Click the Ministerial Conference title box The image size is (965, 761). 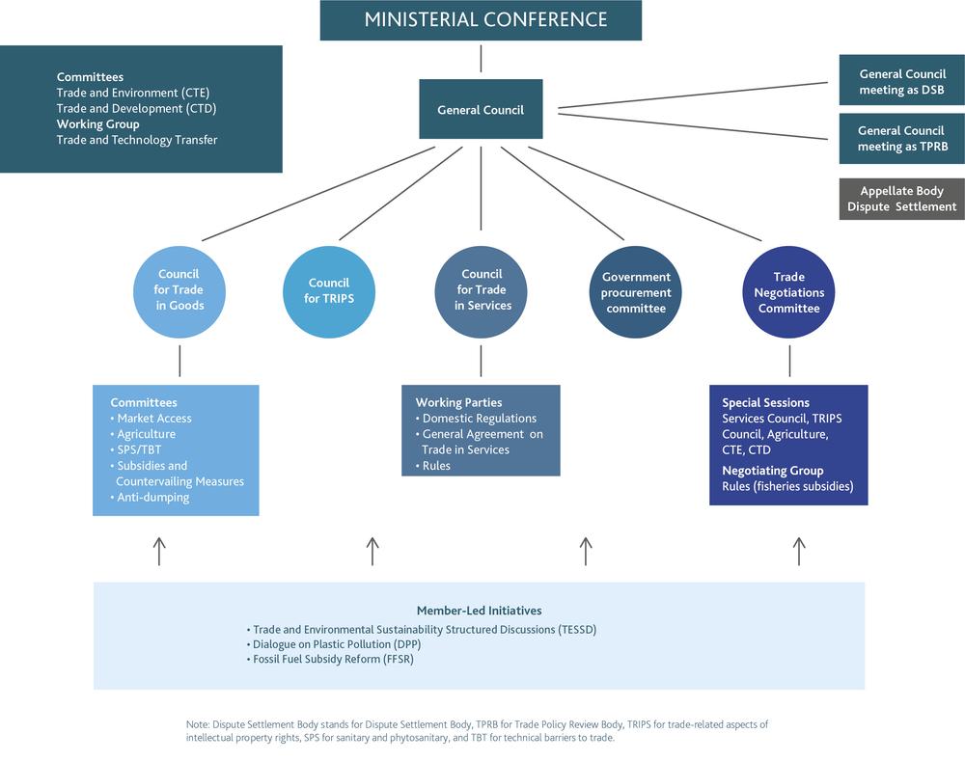point(481,20)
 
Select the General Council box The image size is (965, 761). point(481,110)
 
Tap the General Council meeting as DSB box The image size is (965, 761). point(902,82)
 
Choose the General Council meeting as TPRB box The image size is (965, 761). point(902,139)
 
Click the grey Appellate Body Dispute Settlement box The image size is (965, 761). point(902,199)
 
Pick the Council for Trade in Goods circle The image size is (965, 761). point(179,289)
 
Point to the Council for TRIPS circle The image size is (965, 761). point(329,290)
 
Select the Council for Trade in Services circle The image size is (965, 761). point(482,289)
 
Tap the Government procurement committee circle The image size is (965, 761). point(636,292)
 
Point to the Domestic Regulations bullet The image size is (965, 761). point(479,419)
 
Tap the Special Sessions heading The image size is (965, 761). point(765,403)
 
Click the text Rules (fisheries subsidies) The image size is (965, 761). point(787,486)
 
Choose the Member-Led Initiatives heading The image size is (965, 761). point(479,611)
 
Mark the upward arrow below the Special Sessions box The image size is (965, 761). point(798,552)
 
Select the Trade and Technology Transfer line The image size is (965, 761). point(137,140)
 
